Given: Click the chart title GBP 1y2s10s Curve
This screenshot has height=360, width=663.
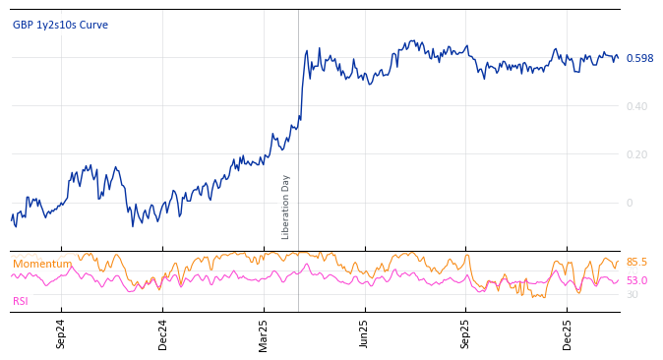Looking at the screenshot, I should (x=60, y=25).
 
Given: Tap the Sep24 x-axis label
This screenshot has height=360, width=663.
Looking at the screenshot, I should (x=61, y=333).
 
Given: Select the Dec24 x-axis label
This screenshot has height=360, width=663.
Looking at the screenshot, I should (x=162, y=333).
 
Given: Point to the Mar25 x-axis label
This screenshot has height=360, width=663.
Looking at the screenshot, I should (x=264, y=333).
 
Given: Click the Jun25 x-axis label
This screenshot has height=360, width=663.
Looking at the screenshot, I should (x=365, y=333).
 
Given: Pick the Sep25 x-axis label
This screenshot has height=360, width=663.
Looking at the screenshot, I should (x=466, y=333).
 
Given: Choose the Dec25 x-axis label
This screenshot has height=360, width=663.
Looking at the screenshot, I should (x=568, y=333).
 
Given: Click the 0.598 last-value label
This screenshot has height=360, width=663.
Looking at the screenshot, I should (x=639, y=58).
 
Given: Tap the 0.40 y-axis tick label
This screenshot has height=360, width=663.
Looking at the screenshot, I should (x=636, y=106).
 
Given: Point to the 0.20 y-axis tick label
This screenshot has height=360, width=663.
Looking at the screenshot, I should (x=636, y=154).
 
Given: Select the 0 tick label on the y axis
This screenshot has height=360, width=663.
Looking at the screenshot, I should (x=630, y=203).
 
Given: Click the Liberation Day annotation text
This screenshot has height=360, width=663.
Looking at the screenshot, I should (x=286, y=207).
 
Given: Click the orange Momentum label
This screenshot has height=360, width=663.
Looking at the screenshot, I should (x=42, y=264).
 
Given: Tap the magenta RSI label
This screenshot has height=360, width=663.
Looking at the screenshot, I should (x=21, y=301).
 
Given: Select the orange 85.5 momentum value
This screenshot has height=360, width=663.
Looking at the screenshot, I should (x=636, y=263).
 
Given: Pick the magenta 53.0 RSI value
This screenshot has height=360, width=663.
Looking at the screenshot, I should (x=636, y=281).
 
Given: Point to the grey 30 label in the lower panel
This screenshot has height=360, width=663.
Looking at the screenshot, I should (x=632, y=295).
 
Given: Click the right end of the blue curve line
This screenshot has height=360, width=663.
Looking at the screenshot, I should (x=619, y=57).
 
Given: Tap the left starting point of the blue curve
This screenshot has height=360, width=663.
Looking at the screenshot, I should (x=12, y=219).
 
